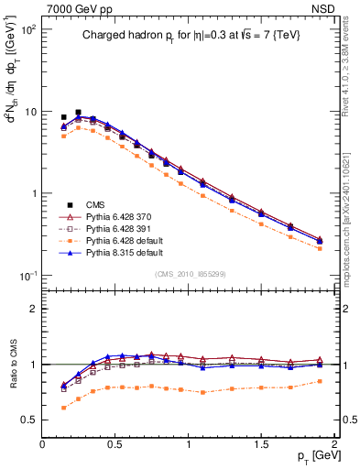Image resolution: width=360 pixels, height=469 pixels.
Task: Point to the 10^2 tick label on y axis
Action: tap(27, 29)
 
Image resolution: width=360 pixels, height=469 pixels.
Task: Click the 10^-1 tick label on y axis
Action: tap(27, 276)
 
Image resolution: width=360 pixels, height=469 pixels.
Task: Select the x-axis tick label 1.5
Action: tap(262, 444)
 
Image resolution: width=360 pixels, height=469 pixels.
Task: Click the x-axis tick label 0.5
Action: tap(115, 444)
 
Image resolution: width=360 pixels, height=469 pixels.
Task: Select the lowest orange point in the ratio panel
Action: tap(63, 408)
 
